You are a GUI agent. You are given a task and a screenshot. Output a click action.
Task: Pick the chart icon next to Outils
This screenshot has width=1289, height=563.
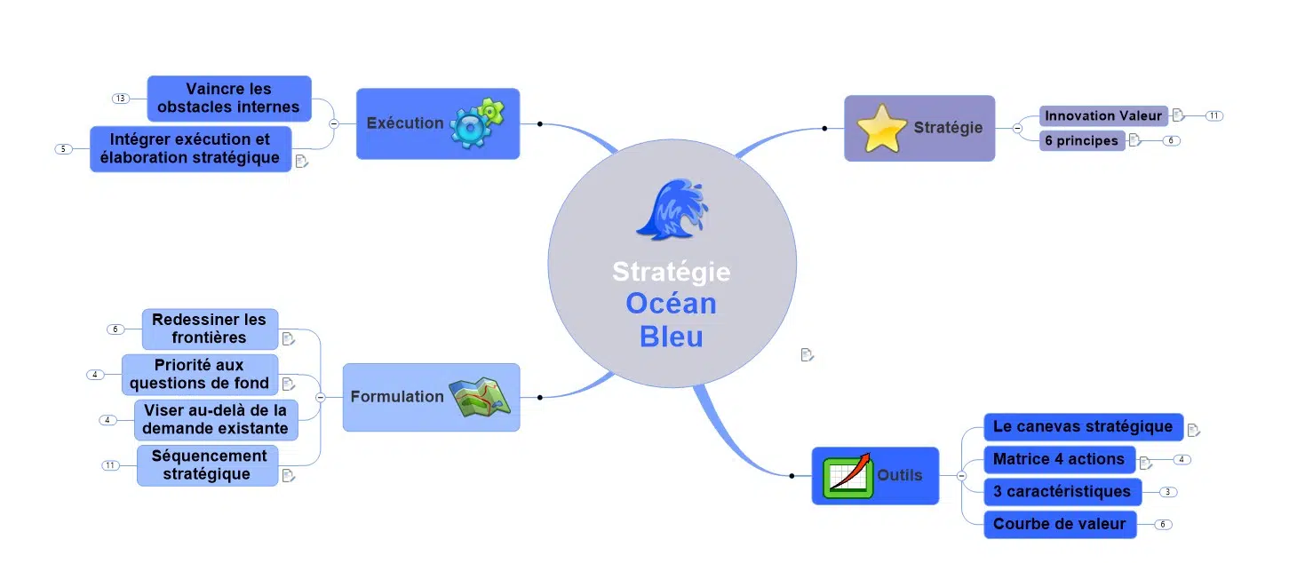(x=847, y=476)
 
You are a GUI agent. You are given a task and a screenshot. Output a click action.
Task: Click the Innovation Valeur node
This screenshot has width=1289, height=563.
(x=1103, y=115)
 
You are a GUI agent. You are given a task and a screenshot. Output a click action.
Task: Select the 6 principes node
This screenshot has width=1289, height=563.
(x=1081, y=140)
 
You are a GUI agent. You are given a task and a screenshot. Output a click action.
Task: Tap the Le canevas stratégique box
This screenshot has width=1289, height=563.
(x=1083, y=426)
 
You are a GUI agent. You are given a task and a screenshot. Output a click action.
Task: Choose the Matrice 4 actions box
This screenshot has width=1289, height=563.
(x=1059, y=459)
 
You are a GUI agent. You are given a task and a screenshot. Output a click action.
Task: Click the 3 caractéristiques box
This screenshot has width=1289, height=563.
(x=1062, y=491)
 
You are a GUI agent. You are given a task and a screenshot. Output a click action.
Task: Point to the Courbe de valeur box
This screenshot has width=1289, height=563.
(x=1059, y=524)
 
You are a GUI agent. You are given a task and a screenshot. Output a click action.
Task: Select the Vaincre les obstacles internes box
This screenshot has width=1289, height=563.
(x=229, y=99)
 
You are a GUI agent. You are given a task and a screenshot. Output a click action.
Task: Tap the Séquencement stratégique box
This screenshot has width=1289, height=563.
(x=208, y=465)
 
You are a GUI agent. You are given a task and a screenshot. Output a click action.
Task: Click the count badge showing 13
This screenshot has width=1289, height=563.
(x=121, y=98)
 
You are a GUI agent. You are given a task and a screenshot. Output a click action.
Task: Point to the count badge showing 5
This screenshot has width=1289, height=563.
(x=63, y=149)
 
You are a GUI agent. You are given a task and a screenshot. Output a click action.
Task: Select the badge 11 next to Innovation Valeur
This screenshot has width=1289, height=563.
(x=1213, y=115)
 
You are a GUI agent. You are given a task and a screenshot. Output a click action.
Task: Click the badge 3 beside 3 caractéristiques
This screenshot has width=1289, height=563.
(x=1168, y=492)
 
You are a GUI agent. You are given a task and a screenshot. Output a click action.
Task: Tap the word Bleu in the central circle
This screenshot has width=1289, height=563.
(x=671, y=337)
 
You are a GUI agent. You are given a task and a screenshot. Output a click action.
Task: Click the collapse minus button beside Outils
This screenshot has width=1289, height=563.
(x=961, y=476)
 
